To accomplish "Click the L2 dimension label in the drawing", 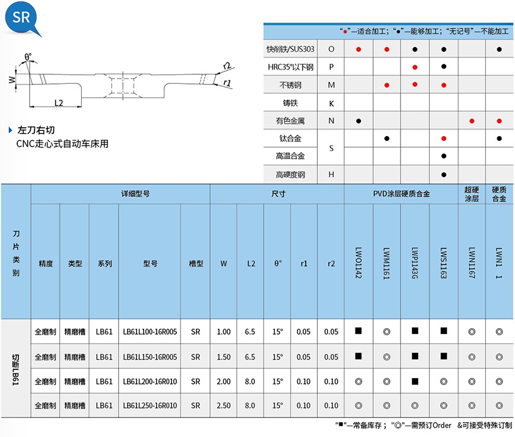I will [59, 102].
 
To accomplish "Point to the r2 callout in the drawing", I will [227, 65].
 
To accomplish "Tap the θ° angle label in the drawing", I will [28, 57].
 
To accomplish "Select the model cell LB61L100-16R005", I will [150, 332].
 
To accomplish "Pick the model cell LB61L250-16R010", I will [150, 405].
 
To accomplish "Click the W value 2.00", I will [223, 381].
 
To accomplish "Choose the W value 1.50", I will [223, 357].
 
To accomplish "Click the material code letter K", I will [331, 103].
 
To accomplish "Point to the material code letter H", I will [331, 175].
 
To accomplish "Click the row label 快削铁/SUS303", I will [291, 49].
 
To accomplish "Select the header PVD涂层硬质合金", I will [401, 194].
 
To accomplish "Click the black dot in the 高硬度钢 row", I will [443, 175].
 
